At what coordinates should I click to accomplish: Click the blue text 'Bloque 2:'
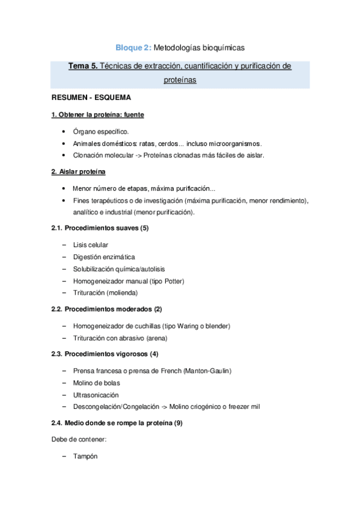[x=134, y=47]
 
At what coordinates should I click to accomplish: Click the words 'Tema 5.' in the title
[x=82, y=66]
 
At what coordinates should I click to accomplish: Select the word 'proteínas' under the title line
[x=180, y=79]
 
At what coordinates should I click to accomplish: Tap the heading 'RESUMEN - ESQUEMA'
[x=91, y=97]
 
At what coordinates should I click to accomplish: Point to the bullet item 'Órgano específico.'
[x=100, y=131]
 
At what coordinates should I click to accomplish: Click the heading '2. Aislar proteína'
[x=78, y=172]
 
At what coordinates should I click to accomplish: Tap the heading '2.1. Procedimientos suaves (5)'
[x=100, y=229]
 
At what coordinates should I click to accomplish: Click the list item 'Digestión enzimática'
[x=103, y=257]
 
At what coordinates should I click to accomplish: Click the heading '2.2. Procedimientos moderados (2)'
[x=107, y=309]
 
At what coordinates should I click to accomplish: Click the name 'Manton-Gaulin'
[x=208, y=371]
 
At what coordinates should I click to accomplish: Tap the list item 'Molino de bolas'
[x=96, y=383]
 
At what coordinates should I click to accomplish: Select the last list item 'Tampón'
[x=85, y=456]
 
